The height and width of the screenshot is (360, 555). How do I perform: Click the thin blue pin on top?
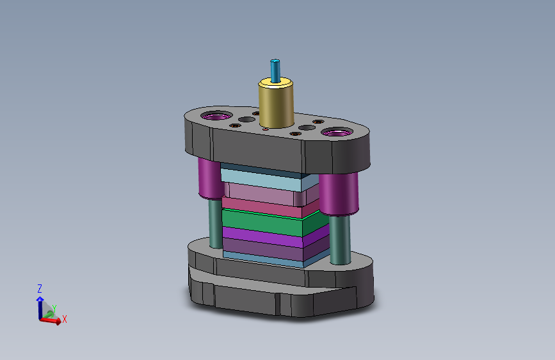pos(275,71)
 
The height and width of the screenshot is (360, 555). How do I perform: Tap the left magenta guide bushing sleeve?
pos(210,178)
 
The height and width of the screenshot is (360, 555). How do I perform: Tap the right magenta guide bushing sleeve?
pos(339,193)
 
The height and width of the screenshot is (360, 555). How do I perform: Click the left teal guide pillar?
pos(215,223)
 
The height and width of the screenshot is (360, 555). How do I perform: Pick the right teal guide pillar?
pos(340,239)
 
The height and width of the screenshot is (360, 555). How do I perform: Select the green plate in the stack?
pos(275,223)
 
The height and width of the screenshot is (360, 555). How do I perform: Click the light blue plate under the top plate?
pos(269,179)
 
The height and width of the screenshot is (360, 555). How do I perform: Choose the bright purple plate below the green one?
pos(275,238)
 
